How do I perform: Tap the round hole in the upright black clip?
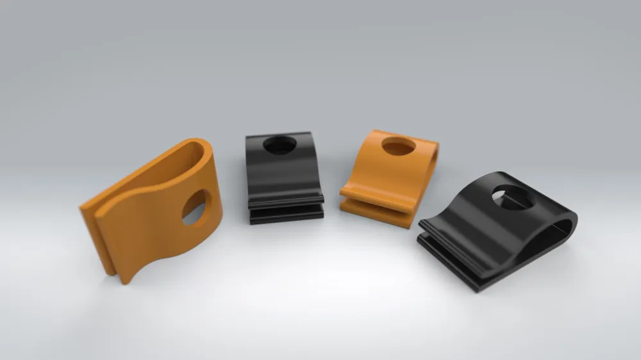[279, 145]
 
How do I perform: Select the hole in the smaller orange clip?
[399, 147]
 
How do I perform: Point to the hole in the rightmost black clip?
[512, 197]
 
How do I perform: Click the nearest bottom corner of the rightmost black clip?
[478, 288]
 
